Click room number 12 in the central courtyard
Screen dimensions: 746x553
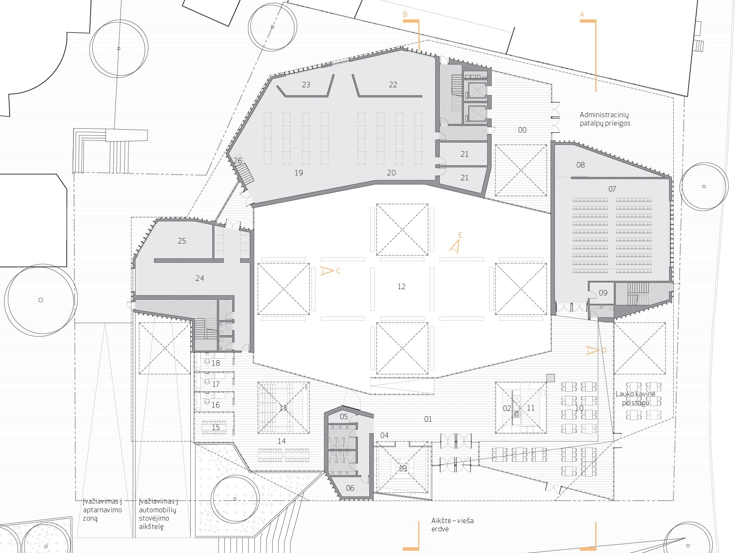click(x=401, y=286)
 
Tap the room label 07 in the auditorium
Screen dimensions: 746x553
click(x=612, y=189)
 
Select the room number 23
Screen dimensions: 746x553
click(x=306, y=85)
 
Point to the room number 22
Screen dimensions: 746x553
click(x=393, y=85)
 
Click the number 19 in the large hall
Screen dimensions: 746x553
click(x=298, y=173)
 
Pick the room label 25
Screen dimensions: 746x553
click(x=182, y=241)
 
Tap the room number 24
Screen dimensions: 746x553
click(x=199, y=278)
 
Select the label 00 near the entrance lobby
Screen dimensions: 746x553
click(x=522, y=130)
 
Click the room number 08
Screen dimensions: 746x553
click(x=580, y=165)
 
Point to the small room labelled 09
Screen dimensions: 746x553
click(x=603, y=293)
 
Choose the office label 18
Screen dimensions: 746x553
click(x=215, y=363)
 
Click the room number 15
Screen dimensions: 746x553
click(x=215, y=428)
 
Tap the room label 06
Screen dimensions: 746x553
click(x=350, y=488)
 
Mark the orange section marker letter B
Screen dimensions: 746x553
click(x=405, y=15)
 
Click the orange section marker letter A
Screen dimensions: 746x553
click(x=582, y=15)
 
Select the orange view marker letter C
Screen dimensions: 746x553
click(x=338, y=271)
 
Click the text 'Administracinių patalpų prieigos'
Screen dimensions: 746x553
click(x=605, y=119)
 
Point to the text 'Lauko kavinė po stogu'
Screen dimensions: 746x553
click(x=635, y=398)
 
